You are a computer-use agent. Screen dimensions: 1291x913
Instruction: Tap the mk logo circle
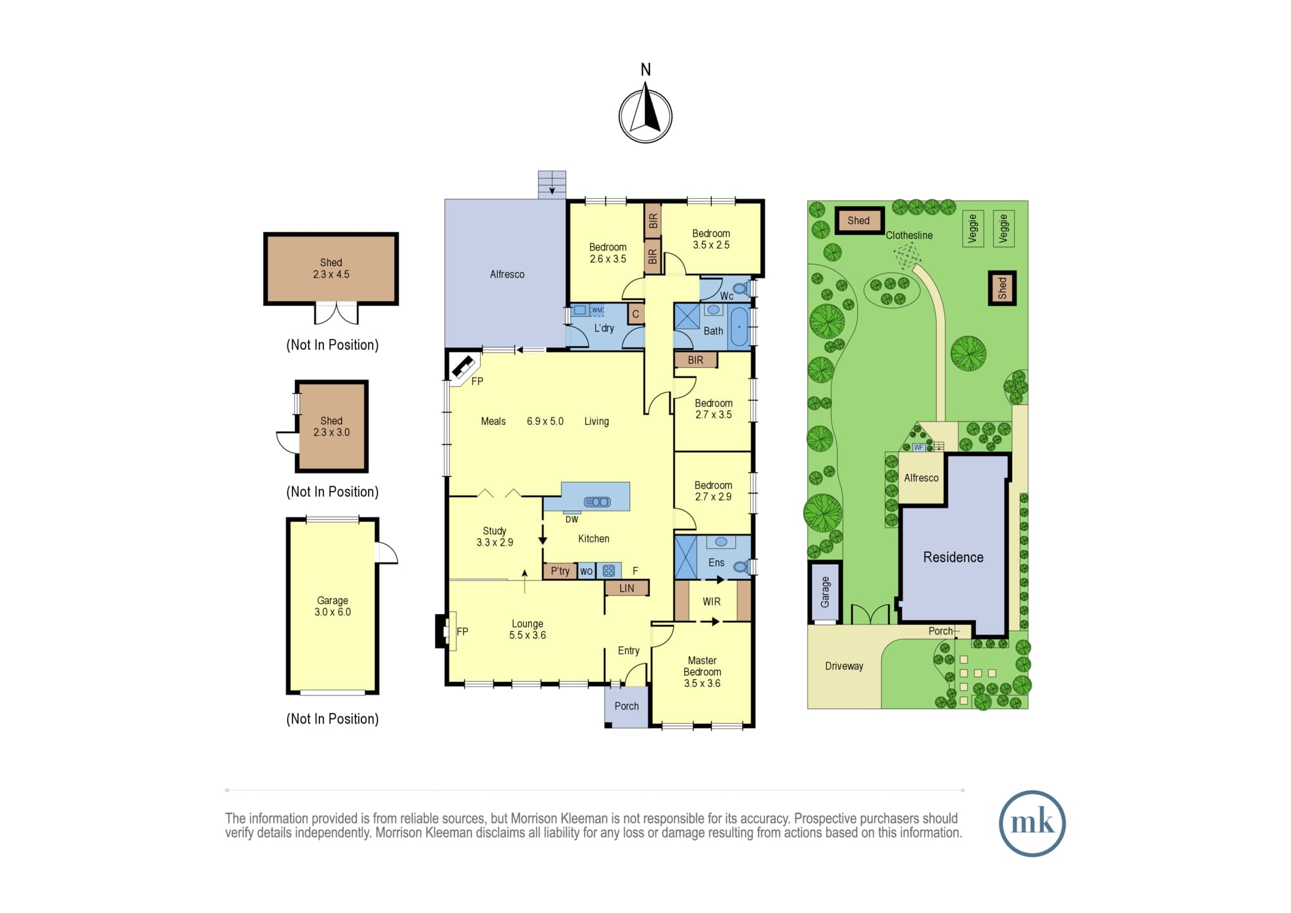[x=1032, y=823]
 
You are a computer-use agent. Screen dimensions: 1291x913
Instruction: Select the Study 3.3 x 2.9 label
[x=494, y=537]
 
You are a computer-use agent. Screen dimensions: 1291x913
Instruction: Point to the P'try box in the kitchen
[x=560, y=571]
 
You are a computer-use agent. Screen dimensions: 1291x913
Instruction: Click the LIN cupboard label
[x=627, y=588]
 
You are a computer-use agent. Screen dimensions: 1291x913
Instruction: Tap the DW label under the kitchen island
[x=572, y=519]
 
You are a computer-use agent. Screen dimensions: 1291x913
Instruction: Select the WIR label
[x=711, y=602]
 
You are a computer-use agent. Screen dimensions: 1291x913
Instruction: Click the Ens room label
[x=717, y=562]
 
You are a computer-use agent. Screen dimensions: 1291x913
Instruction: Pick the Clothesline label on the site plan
[x=909, y=235]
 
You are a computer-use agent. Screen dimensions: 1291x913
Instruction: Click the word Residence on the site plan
[x=953, y=557]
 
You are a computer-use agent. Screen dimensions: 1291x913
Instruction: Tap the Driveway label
[x=844, y=666]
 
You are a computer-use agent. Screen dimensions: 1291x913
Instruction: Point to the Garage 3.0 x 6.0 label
[x=332, y=606]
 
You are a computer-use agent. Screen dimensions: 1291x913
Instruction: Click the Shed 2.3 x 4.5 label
[x=331, y=269]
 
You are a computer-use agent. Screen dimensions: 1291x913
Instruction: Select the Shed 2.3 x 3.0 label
[x=332, y=427]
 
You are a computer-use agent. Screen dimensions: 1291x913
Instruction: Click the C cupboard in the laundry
[x=636, y=314]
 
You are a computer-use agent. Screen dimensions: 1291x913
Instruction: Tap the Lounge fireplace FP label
[x=462, y=631]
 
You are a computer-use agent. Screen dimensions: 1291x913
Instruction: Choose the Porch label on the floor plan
[x=626, y=706]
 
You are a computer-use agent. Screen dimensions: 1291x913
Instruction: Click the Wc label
[x=727, y=296]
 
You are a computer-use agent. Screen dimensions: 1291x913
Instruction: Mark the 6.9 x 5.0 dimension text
[x=545, y=422]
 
